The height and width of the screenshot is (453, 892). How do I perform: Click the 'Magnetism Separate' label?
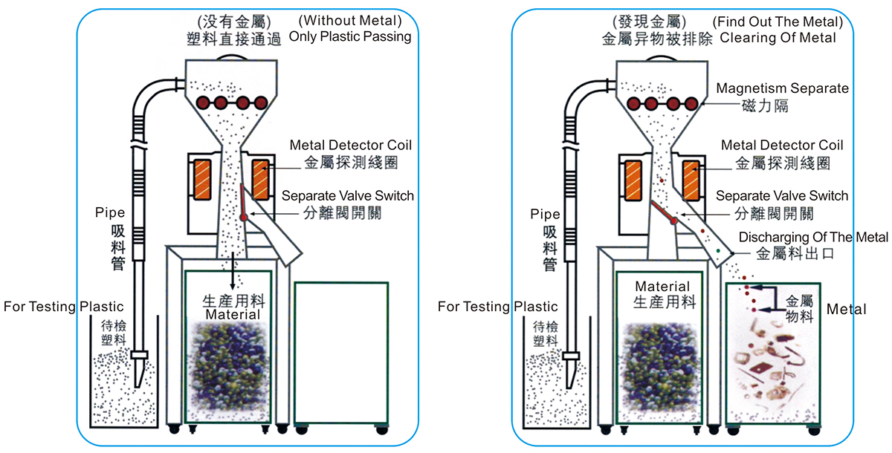782,88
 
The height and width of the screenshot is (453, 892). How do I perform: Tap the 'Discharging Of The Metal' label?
814,238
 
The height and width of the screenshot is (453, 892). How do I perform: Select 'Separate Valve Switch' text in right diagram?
781,196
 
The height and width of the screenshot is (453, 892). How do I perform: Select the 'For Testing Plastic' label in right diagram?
497,306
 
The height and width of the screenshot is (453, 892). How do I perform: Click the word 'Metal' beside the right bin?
847,308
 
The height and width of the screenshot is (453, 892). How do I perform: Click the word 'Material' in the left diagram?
233,315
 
